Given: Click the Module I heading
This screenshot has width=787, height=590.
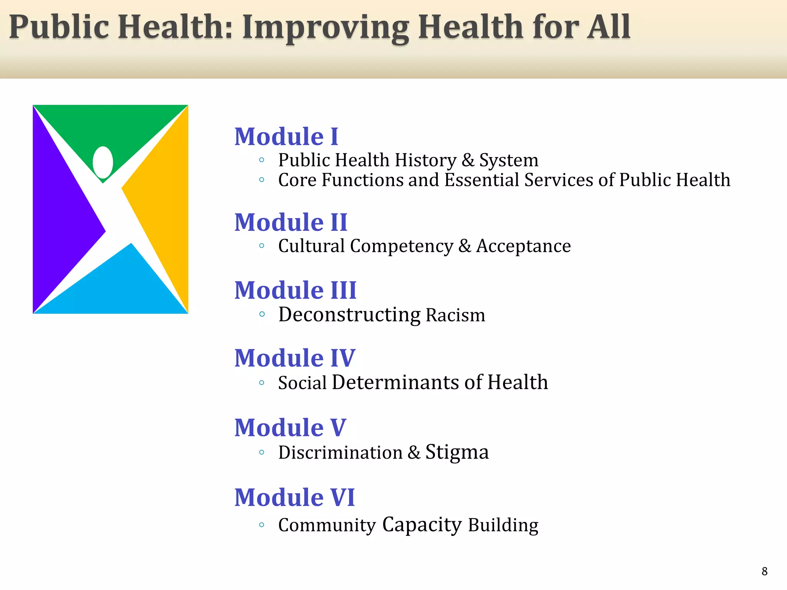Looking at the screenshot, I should pos(286,137).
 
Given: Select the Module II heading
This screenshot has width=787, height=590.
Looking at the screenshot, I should pos(291,222).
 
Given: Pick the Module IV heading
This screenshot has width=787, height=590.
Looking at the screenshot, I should pos(295,358).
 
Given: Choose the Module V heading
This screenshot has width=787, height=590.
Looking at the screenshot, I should pos(291,428).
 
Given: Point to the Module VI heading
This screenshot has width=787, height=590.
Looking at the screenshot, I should pos(295,497).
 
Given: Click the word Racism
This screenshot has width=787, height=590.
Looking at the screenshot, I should pos(455,315).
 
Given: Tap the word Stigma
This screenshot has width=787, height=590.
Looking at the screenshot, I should pos(457,452).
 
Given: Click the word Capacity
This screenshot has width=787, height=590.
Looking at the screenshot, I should pos(422,525).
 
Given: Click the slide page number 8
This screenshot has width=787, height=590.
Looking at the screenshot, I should pos(764,571).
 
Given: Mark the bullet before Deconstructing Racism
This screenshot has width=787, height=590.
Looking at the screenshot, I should pos(262,314).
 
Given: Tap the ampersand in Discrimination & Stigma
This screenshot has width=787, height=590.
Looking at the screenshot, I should pos(413,452).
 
